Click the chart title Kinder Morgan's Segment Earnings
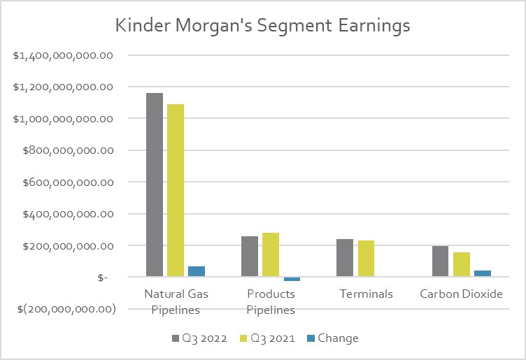[x=263, y=26]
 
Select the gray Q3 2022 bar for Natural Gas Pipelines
[x=155, y=185]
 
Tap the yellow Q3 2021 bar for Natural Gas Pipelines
[x=176, y=191]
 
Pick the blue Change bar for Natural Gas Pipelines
[x=197, y=271]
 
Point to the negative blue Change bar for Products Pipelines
[x=292, y=279]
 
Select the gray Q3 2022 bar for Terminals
[x=345, y=258]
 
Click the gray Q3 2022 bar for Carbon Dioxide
[x=440, y=261]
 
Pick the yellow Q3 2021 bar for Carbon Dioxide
[x=461, y=264]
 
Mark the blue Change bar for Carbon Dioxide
[x=482, y=273]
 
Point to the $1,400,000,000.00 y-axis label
[x=64, y=55]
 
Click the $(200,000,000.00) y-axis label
[x=64, y=309]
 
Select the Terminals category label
[x=366, y=294]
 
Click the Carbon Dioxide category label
[x=461, y=294]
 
